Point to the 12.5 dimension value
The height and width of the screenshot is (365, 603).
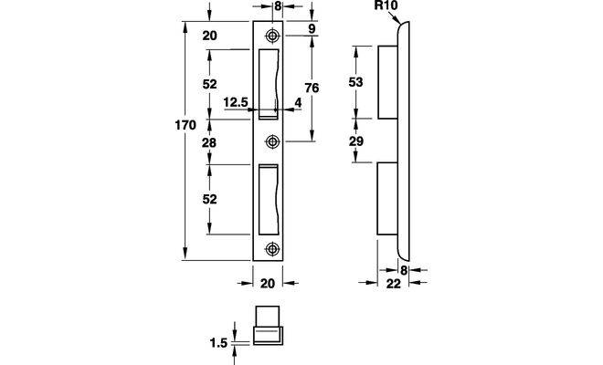tap(235, 103)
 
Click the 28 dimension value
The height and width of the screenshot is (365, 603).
tap(209, 143)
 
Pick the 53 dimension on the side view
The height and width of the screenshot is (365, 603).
tap(355, 82)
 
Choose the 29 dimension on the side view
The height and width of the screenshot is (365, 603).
tap(355, 141)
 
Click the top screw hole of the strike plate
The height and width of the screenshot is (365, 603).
tap(272, 36)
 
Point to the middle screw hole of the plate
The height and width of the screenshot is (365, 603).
tap(272, 141)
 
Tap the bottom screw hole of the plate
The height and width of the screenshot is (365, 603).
tap(272, 249)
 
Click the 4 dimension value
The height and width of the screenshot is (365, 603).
tap(298, 103)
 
